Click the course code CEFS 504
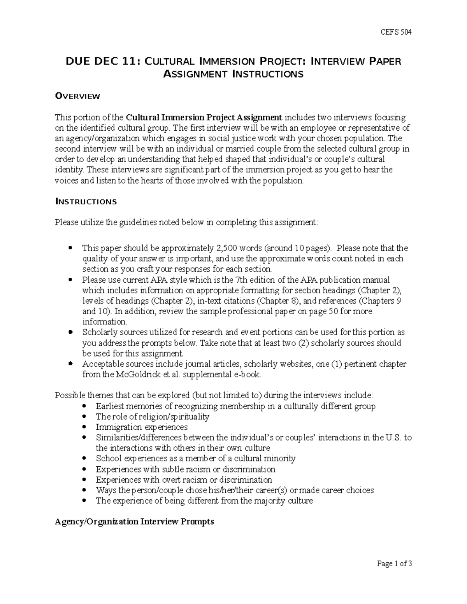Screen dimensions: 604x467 pos(396,32)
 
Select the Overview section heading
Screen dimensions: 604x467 pos(77,96)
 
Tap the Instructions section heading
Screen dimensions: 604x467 pos(86,201)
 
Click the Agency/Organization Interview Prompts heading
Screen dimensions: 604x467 pos(134,522)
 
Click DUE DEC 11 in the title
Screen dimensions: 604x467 pos(103,61)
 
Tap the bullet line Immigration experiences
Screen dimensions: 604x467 pos(142,427)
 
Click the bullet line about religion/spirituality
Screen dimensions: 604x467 pos(153,417)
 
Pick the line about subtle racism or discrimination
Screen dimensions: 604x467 pos(186,469)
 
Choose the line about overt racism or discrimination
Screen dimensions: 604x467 pos(184,480)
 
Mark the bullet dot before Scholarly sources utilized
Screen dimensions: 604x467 pos(70,333)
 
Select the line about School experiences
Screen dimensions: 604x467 pos(196,459)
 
